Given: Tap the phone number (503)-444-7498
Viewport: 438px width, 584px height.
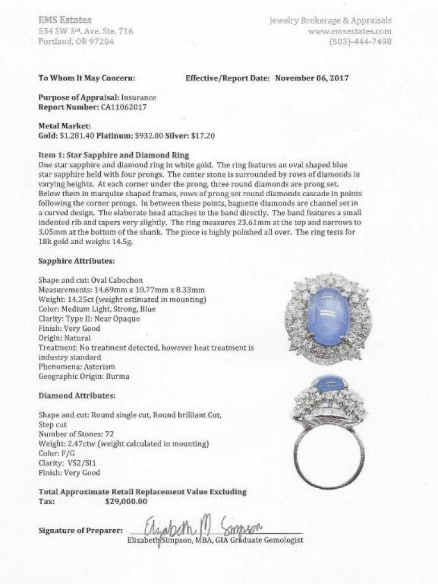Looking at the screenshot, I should [x=361, y=42].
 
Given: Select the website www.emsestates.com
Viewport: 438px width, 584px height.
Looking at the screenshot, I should [x=350, y=31].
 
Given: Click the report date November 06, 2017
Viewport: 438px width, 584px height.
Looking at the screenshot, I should [x=312, y=78].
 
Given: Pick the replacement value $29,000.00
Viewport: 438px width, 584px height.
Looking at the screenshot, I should [x=126, y=502].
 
